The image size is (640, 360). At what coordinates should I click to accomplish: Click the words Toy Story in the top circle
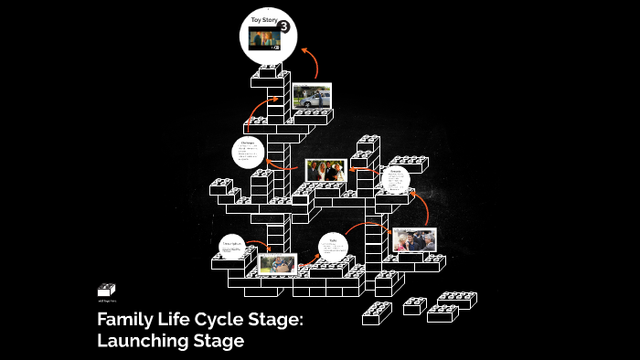pyautogui.click(x=264, y=20)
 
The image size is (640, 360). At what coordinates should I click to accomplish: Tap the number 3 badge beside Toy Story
pyautogui.click(x=284, y=26)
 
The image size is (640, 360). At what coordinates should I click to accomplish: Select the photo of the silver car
pyautogui.click(x=312, y=96)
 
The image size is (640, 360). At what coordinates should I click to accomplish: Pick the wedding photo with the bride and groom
pyautogui.click(x=325, y=171)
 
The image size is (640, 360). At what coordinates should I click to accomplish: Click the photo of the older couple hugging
pyautogui.click(x=413, y=239)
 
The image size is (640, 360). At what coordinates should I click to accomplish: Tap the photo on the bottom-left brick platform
pyautogui.click(x=277, y=263)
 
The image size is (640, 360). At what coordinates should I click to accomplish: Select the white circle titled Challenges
pyautogui.click(x=248, y=153)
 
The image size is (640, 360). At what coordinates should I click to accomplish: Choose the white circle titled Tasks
pyautogui.click(x=334, y=248)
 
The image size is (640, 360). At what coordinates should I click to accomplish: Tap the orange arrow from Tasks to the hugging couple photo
pyautogui.click(x=370, y=228)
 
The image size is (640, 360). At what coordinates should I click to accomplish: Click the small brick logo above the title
pyautogui.click(x=107, y=291)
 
